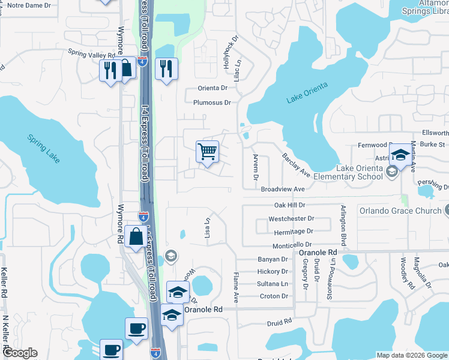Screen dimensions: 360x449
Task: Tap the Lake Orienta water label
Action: click(307, 94)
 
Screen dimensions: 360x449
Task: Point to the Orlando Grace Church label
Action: click(399, 211)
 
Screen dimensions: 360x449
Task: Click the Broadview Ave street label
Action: click(283, 189)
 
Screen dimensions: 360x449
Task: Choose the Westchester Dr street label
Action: click(291, 219)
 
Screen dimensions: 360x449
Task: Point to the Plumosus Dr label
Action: click(212, 103)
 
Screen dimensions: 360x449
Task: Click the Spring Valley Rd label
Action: click(91, 54)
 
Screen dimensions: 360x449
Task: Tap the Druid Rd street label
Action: click(279, 322)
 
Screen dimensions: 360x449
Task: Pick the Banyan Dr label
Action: click(273, 259)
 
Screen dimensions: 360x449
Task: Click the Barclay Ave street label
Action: click(296, 165)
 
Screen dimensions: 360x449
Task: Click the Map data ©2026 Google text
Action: click(411, 355)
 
